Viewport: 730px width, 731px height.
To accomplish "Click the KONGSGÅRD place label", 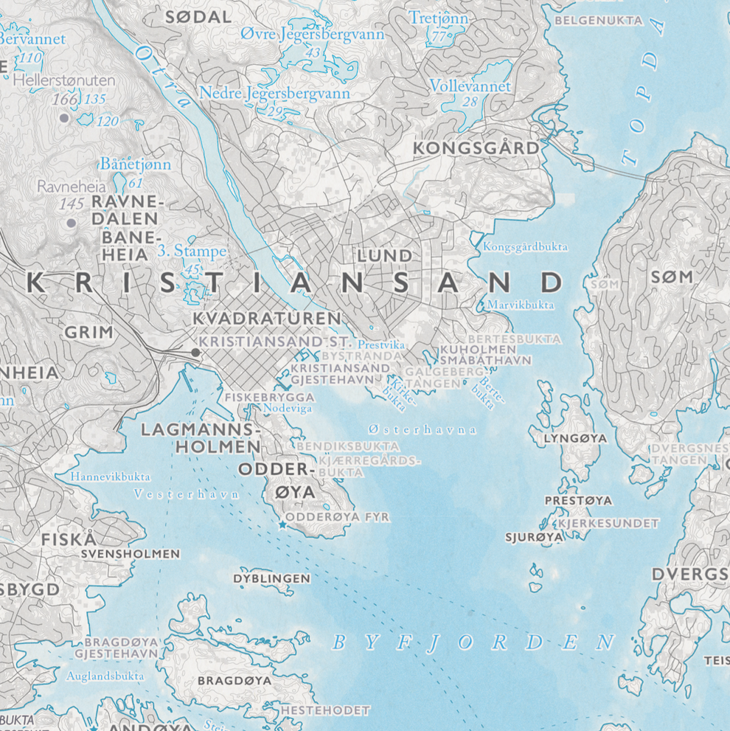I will click(476, 148).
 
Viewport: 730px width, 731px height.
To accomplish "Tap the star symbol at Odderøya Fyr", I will click(282, 524).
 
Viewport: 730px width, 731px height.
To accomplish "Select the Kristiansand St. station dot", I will click(195, 353).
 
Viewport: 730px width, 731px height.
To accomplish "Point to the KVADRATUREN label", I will click(266, 318).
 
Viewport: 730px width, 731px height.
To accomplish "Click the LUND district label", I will click(384, 255).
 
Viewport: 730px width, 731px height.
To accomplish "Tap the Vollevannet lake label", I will click(470, 86).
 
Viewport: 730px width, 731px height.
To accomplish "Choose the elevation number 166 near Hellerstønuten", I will click(65, 98).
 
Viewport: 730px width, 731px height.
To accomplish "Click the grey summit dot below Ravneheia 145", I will click(71, 222).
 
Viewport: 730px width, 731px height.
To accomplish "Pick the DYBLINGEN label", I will click(272, 578).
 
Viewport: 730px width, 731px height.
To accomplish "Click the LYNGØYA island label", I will click(575, 438).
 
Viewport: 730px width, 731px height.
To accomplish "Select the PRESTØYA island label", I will click(578, 501).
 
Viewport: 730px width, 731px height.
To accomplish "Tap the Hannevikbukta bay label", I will click(111, 477).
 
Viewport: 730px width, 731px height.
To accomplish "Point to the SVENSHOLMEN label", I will click(130, 553).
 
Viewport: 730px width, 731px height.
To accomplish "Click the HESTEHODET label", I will click(325, 710).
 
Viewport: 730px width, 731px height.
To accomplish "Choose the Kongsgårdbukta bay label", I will click(525, 247).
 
